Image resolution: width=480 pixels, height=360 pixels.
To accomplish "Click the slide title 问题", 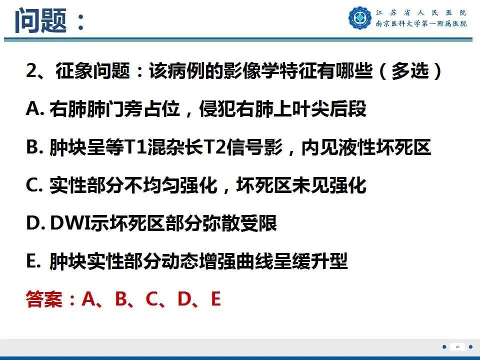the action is point(40,20).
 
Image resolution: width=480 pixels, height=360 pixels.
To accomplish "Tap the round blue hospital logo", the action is point(360,18).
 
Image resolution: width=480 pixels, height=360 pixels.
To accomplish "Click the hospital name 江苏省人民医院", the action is point(421,12).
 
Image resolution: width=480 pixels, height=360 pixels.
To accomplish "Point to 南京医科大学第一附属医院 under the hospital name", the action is point(421,23).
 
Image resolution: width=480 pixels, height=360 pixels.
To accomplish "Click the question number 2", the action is point(31,70).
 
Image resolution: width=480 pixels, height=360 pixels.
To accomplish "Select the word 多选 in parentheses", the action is point(410,70).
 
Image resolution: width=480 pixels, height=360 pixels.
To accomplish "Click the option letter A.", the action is point(33,108).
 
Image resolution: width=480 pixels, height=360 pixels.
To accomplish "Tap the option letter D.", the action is point(33,223).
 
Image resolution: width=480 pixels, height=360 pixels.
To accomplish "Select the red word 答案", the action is point(44,299).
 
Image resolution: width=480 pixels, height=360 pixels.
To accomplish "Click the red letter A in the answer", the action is point(89,299).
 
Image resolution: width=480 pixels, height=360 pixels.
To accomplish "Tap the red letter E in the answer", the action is point(216,299).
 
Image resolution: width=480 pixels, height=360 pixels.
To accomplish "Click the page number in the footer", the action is point(457,347).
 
